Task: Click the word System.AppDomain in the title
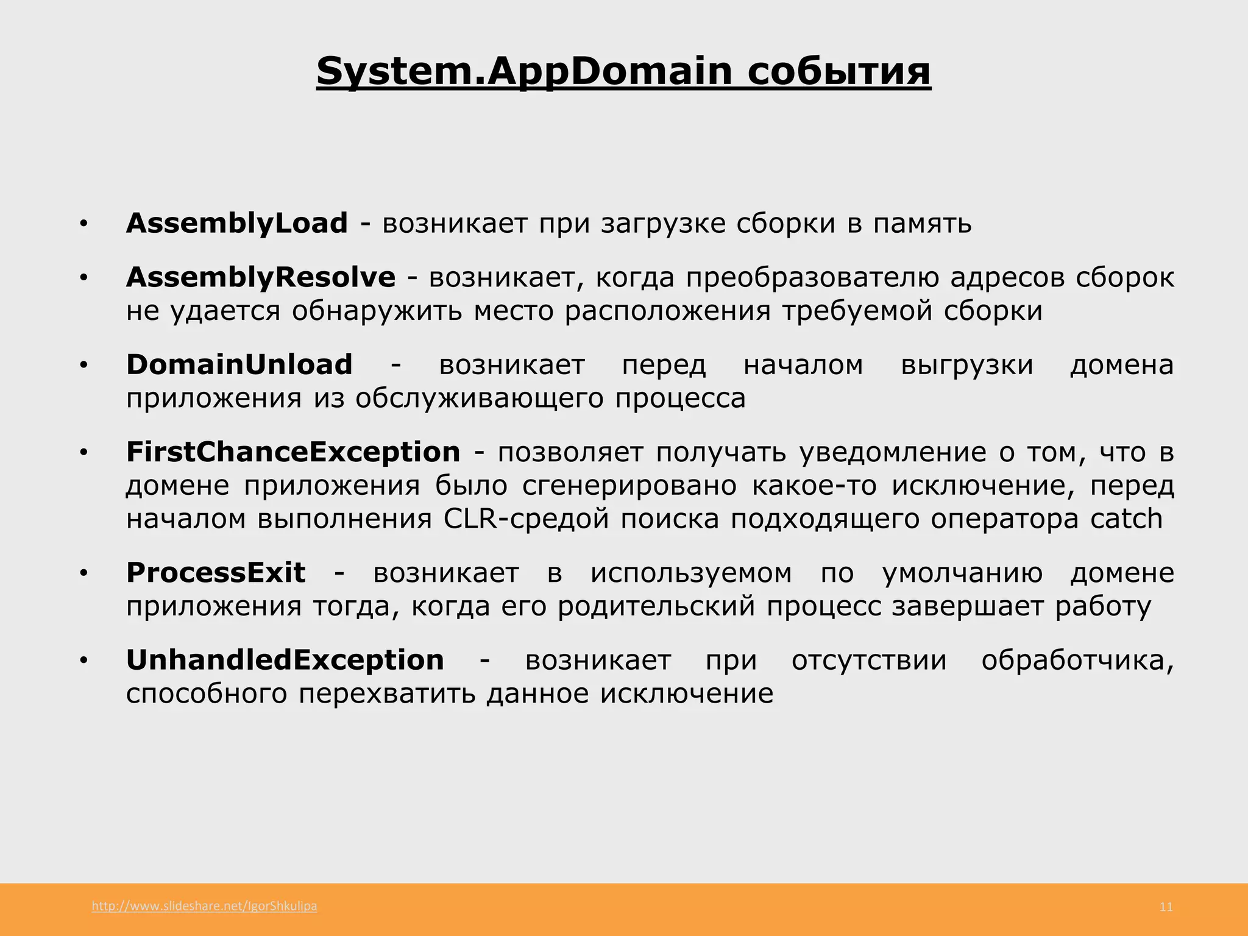[x=524, y=71]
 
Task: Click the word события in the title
[x=839, y=71]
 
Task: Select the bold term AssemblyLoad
[x=236, y=223]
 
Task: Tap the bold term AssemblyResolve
[x=261, y=277]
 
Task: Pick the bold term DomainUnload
[x=239, y=364]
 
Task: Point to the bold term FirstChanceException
[x=293, y=452]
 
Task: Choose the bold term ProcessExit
[x=216, y=573]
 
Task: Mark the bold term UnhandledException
[x=285, y=660]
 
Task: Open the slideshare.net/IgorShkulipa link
[x=204, y=906]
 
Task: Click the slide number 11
[x=1166, y=907]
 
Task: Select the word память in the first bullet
[x=922, y=224]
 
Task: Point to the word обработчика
[x=1077, y=661]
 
